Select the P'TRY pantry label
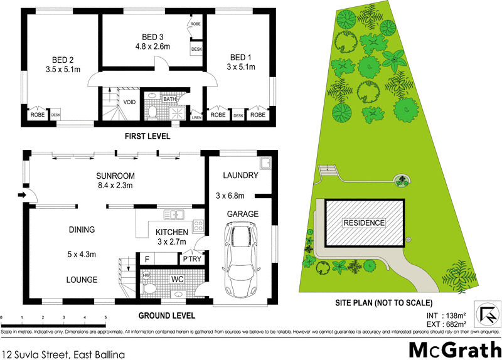pyautogui.click(x=190, y=259)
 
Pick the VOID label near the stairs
pyautogui.click(x=129, y=102)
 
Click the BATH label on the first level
pyautogui.click(x=169, y=99)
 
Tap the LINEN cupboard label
pyautogui.click(x=196, y=117)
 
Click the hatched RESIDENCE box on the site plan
pyautogui.click(x=364, y=223)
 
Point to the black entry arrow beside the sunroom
pyautogui.click(x=21, y=196)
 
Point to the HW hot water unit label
pyautogui.click(x=146, y=275)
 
